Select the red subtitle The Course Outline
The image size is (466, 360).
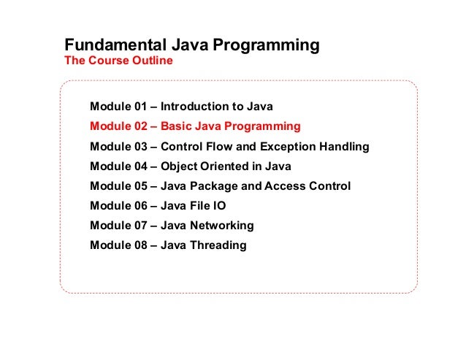point(119,61)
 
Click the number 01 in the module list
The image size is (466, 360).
point(141,107)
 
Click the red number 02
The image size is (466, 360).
point(141,126)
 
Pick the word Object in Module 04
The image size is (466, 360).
point(180,166)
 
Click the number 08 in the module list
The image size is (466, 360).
point(141,245)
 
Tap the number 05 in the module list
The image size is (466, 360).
point(141,186)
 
